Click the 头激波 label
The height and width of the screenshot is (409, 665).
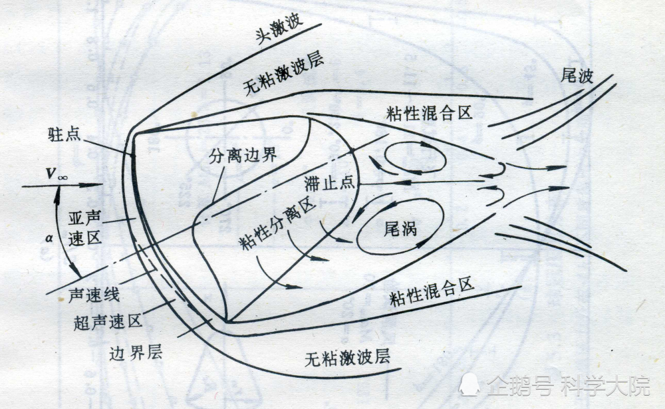279,30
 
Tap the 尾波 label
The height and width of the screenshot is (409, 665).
577,76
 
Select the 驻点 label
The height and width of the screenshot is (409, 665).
64,134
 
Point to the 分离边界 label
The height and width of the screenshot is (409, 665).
243,155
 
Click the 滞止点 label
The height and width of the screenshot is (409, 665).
330,183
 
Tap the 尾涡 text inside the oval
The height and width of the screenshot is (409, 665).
400,229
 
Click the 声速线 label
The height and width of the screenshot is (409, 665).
94,294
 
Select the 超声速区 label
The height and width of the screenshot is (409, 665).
108,322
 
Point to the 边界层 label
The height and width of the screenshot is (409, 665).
136,352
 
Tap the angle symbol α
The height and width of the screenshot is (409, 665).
50,239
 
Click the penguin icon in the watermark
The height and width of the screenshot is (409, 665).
470,384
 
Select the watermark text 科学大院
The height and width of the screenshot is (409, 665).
606,386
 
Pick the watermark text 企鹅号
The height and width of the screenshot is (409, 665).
521,386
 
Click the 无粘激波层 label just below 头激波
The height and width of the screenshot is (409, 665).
284,74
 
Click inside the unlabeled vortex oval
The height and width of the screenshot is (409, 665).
415,156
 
